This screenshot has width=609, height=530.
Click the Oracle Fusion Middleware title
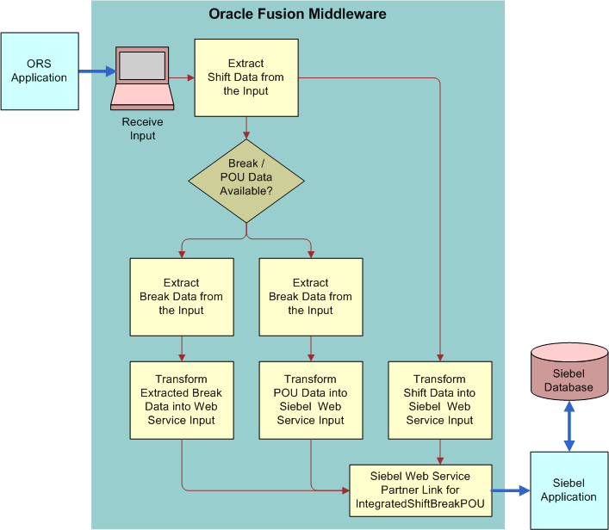(297, 14)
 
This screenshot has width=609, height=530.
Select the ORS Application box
(40, 71)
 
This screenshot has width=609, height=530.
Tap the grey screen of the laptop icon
(143, 65)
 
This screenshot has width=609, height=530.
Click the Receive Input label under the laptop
(142, 128)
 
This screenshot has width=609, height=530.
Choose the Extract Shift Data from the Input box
(246, 77)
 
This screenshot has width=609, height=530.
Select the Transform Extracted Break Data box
(181, 400)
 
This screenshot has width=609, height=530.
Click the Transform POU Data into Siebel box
(310, 400)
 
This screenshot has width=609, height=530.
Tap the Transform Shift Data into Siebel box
(439, 400)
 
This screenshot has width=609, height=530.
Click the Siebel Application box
(569, 490)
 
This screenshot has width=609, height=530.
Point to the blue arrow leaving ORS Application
(96, 71)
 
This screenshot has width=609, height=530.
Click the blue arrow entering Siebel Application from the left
(511, 492)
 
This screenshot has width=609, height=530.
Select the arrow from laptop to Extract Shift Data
(182, 78)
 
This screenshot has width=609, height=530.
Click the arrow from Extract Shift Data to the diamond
(247, 128)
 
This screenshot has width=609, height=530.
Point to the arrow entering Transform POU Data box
(311, 348)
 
